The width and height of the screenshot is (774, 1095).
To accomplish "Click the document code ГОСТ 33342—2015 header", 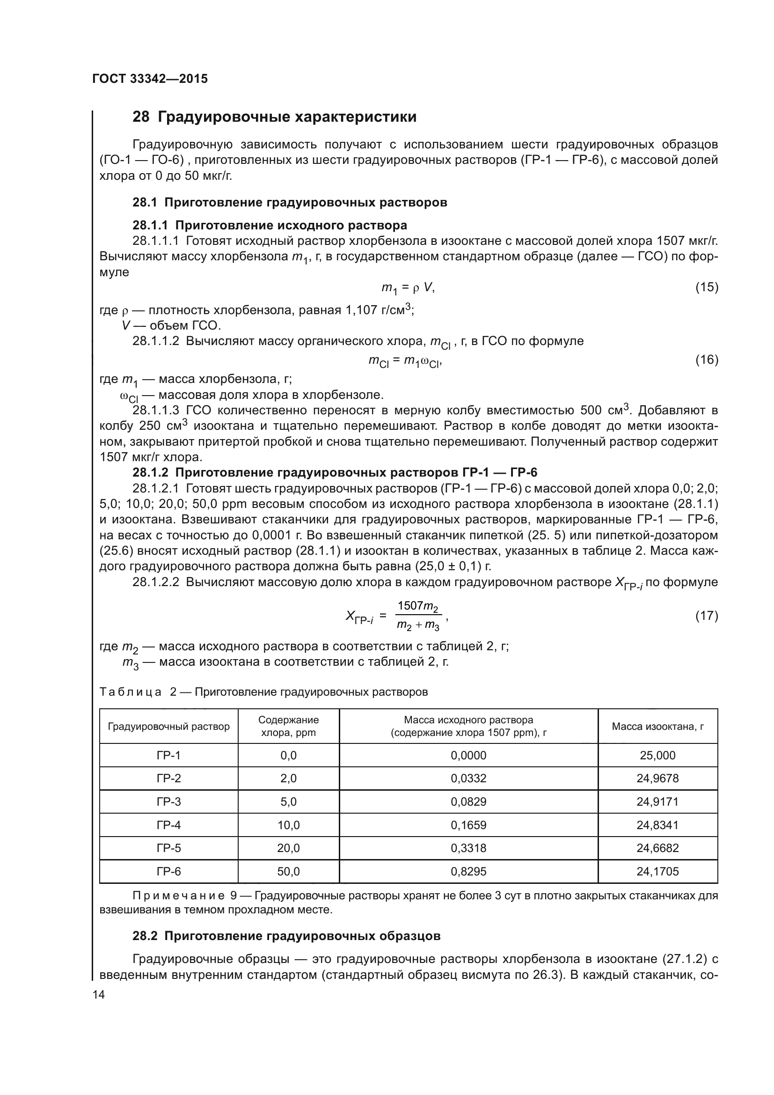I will pos(150,79).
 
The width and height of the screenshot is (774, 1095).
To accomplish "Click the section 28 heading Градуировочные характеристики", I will pos(274,117).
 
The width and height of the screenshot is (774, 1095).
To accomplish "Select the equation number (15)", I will pos(706,287).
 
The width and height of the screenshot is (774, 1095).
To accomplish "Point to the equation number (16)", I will pos(706,360).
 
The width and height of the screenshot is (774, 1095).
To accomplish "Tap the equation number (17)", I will pos(706,616).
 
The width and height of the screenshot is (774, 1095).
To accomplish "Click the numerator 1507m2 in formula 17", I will pos(418,607).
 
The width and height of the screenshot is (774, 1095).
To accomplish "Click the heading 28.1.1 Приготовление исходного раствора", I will pos(269,225).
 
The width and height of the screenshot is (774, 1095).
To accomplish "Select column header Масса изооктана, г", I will pos(657,727).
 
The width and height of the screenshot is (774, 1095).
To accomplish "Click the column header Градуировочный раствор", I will pos(168,727).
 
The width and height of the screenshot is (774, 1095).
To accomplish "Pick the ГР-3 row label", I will pos(168,801).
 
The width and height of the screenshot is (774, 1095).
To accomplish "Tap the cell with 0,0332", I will pos(468,779).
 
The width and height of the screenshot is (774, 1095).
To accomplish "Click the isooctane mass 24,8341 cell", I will pos(657,825).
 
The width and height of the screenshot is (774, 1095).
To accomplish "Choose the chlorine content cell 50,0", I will pos(288,871).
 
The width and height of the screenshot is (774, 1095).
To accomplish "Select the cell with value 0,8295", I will pos(468,871).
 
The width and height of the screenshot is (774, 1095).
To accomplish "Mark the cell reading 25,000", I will pos(657,755).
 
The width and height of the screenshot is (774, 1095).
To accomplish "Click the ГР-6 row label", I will pos(168,871).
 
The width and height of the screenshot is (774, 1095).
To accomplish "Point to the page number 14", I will pos(99,994).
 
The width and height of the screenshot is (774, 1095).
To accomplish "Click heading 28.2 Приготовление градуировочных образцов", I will pos(286,936).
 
